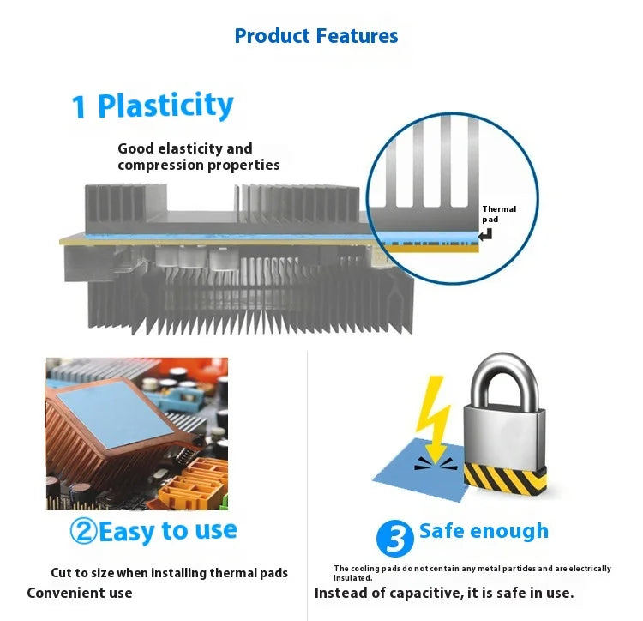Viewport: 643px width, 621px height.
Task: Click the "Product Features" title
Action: (x=316, y=36)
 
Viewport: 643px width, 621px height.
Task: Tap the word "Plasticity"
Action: (x=165, y=106)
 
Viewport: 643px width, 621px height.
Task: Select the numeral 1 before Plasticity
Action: (x=79, y=107)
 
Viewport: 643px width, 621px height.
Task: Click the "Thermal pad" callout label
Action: (x=499, y=214)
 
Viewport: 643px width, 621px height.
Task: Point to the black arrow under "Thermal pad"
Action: (x=485, y=235)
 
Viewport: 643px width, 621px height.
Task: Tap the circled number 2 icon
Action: (x=83, y=531)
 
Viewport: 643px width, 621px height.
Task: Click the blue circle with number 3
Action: (x=395, y=538)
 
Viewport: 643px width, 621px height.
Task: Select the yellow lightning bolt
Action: (x=433, y=419)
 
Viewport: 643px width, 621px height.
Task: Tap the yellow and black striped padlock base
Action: (x=505, y=478)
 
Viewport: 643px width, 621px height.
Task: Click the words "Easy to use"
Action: (x=168, y=532)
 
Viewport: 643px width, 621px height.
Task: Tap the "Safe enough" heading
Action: (x=484, y=531)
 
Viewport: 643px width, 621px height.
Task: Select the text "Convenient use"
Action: (x=80, y=593)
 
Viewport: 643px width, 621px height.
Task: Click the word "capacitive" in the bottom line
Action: (x=421, y=594)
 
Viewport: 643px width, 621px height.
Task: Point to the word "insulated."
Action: (x=352, y=578)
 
